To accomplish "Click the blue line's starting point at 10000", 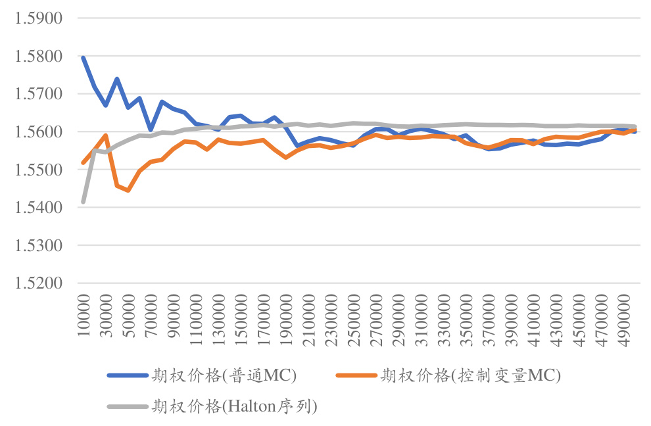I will [x=84, y=58].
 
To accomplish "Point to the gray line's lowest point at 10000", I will [x=84, y=201].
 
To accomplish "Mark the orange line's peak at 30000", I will [x=106, y=135].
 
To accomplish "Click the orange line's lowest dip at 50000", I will [x=128, y=191].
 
